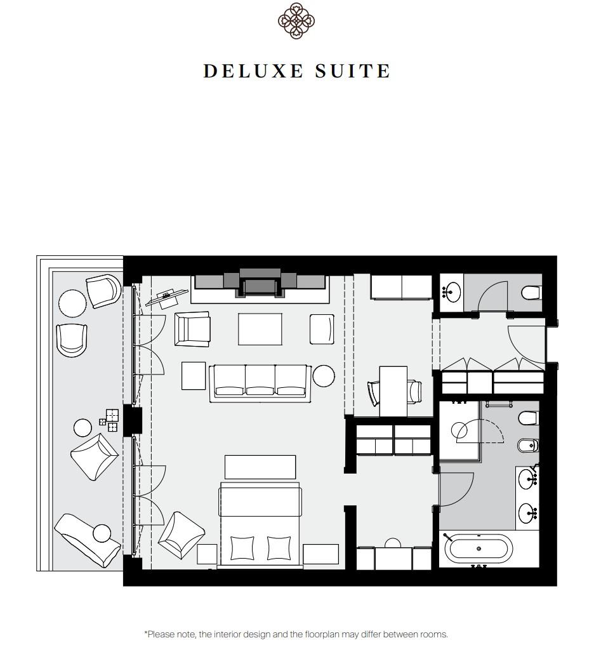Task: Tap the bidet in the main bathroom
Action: coord(528,446)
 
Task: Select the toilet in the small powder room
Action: coord(531,293)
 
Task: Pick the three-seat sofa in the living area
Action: coord(259,383)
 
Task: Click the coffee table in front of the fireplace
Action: coord(260,329)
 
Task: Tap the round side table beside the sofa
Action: coord(324,376)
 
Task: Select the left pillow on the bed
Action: coord(242,548)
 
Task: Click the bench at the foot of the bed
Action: coord(260,467)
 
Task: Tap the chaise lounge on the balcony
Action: coord(88,540)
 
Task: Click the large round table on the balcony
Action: coord(72,303)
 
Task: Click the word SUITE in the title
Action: coord(353,71)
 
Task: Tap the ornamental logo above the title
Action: coord(296,20)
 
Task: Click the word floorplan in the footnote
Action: coord(322,634)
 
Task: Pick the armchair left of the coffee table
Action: coord(192,329)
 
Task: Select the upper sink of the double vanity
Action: coord(528,479)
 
